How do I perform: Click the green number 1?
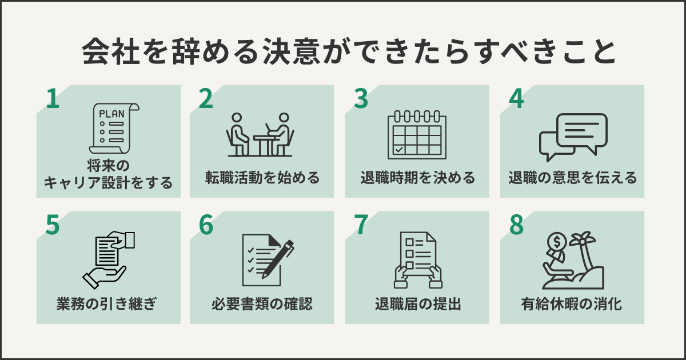[53, 99]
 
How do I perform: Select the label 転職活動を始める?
[262, 178]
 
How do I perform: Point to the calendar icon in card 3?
[417, 134]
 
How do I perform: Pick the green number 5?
[53, 226]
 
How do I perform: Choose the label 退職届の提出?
[417, 304]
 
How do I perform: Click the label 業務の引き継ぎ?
[108, 304]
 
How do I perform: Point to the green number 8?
[517, 226]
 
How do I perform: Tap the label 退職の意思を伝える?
[573, 178]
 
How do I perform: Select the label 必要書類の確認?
[262, 304]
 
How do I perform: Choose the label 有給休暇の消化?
[573, 304]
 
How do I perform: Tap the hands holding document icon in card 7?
[417, 260]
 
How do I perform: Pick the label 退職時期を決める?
[417, 178]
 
